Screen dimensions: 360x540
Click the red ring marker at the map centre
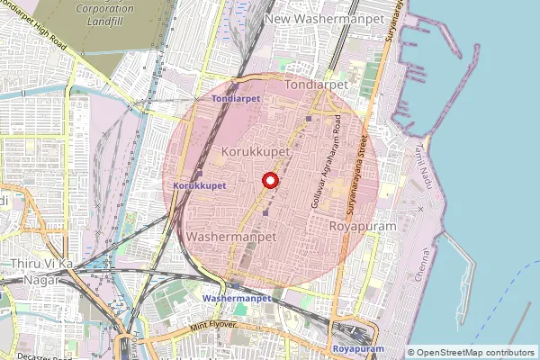[269, 181]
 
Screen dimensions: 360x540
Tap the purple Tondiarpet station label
[235, 97]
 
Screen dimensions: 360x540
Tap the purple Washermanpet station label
[237, 297]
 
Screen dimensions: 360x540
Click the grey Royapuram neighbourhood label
[364, 226]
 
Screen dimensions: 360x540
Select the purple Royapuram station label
[358, 347]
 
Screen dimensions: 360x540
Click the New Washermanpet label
[325, 17]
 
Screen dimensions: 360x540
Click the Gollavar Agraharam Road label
[327, 162]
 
